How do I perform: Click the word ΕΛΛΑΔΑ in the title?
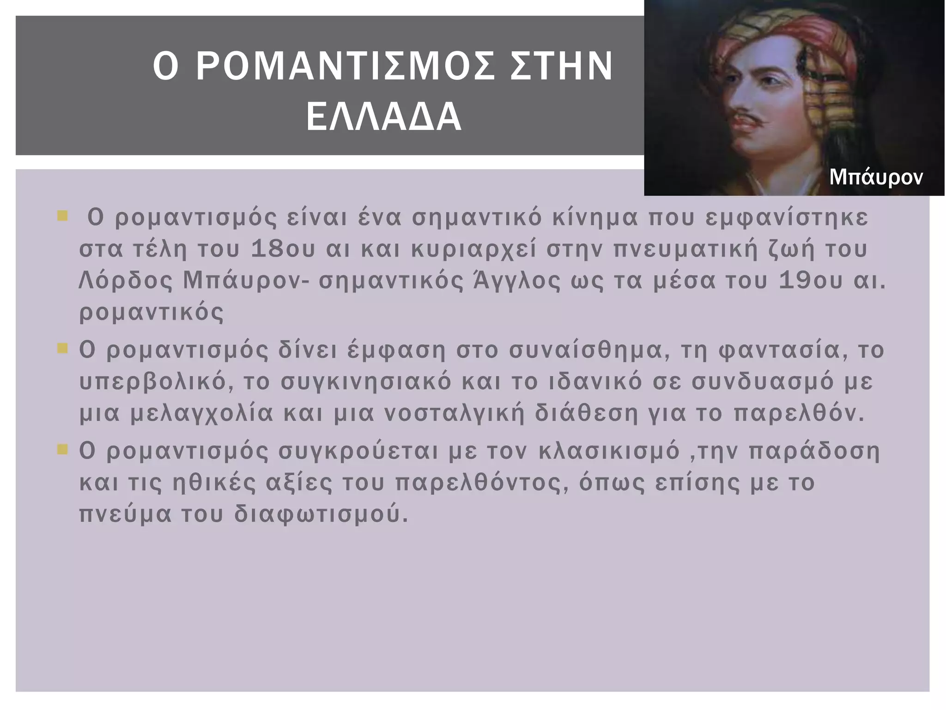(383, 117)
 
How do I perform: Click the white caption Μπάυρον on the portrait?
(876, 177)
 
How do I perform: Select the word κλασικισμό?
(609, 451)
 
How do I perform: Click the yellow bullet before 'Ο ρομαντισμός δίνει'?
(62, 348)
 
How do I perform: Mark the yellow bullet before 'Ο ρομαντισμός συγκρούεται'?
(62, 449)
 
